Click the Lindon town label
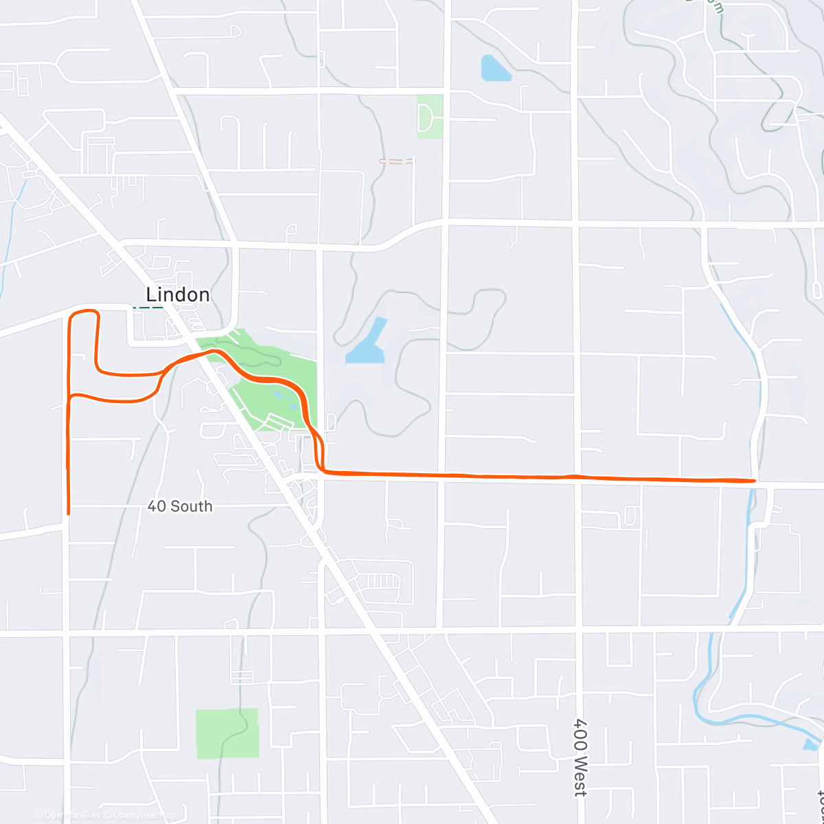pos(178,295)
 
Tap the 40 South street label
pos(180,507)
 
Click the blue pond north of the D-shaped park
pos(495,69)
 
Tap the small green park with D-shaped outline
pos(430,117)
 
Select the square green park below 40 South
pos(227,733)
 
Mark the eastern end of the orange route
pos(754,481)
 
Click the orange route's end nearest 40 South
pos(68,512)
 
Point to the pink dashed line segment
pos(397,161)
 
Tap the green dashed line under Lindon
pos(148,307)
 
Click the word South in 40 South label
pos(191,507)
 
